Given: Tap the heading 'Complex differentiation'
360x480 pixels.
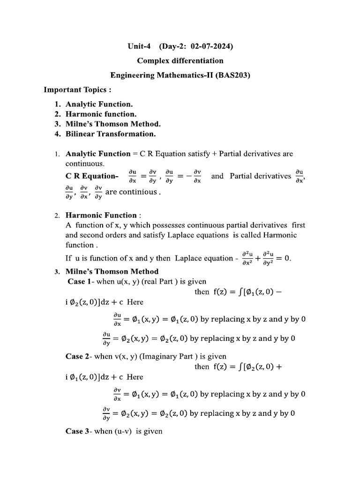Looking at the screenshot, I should [180, 60].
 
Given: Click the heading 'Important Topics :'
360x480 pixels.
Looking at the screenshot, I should [77, 89].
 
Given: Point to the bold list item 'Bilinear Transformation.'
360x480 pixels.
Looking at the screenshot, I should [111, 134].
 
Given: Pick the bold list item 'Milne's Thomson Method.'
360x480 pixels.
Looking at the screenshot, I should [113, 124].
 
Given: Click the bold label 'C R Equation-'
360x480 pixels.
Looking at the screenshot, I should [92, 176].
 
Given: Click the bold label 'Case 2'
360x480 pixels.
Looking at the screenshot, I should [77, 356].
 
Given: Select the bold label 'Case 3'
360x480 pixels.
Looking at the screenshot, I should [77, 431].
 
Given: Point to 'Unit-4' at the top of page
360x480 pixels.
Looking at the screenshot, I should [140, 46].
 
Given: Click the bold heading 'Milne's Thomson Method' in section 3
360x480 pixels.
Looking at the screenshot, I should [112, 271].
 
